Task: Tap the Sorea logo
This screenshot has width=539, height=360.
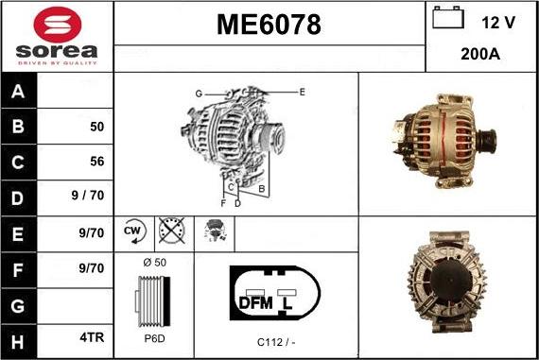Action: click(57, 36)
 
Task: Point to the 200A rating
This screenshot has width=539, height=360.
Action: click(481, 55)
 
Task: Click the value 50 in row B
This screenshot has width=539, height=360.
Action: click(96, 127)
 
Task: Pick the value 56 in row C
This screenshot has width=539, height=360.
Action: click(96, 162)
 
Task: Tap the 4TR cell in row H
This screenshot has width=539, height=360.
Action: click(92, 334)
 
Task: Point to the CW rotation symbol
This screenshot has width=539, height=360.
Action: click(133, 231)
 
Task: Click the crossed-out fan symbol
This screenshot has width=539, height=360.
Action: click(171, 231)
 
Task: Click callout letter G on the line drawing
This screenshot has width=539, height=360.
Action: click(199, 94)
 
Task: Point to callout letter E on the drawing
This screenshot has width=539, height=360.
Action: click(301, 92)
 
